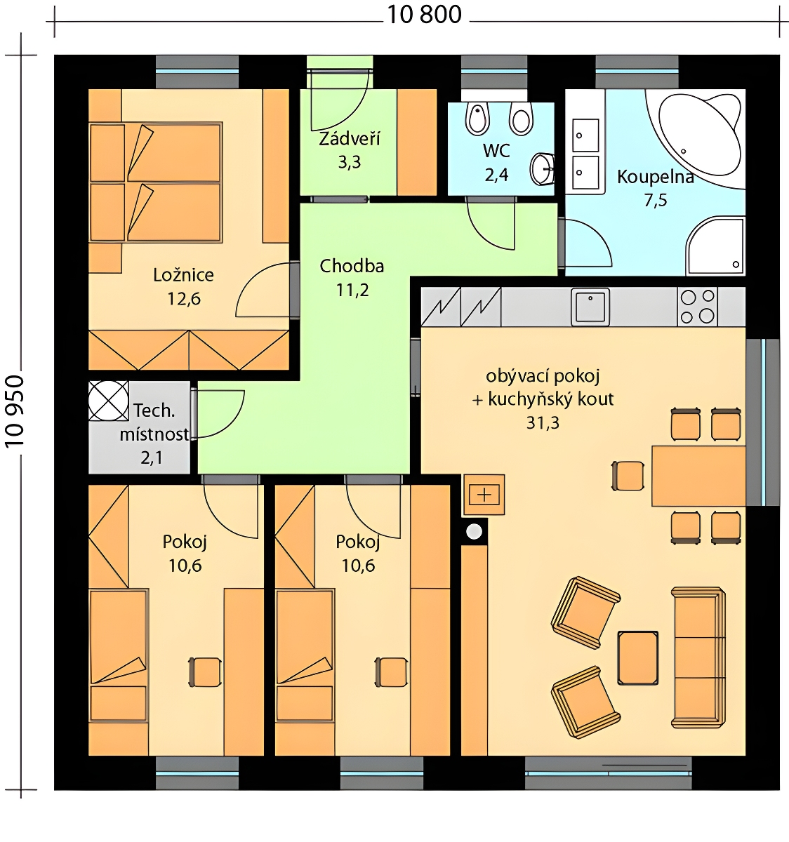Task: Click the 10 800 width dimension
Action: pos(424,15)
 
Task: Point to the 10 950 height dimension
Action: pos(15,411)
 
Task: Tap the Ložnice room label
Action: pos(184,276)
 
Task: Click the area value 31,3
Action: pos(543,422)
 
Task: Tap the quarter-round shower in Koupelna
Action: pos(715,246)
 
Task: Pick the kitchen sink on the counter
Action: pos(590,307)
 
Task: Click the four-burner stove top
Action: pos(697,307)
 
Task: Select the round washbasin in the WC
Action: pos(542,168)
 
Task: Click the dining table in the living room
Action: pos(698,476)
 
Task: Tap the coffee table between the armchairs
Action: pos(638,657)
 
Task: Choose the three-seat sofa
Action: pos(698,657)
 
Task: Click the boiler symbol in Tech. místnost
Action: pos(108,401)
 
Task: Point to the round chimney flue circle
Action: pos(474,532)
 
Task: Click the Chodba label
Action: pos(352,266)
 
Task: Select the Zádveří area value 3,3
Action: pos(350,162)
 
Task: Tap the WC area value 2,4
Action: pos(496,175)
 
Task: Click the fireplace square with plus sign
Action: pos(484,495)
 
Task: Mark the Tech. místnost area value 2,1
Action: pos(152,457)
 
